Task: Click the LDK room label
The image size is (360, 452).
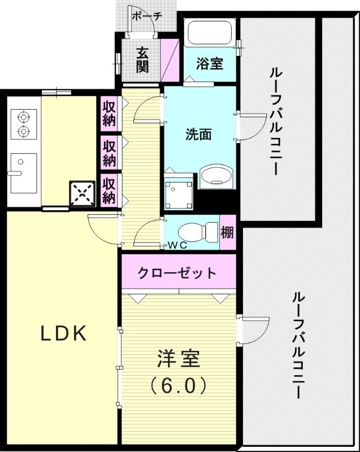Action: click(x=63, y=334)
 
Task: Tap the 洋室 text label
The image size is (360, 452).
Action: click(x=178, y=359)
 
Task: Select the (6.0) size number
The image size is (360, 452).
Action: click(x=178, y=385)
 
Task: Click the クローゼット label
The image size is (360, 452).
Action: click(x=177, y=273)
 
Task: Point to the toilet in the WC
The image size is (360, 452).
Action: click(x=195, y=232)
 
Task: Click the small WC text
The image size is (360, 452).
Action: click(x=177, y=246)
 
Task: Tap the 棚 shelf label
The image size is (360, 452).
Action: click(x=228, y=232)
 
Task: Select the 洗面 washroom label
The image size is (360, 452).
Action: click(x=198, y=134)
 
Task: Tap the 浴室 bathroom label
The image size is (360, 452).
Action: click(x=210, y=64)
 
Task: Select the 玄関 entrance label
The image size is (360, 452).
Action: click(x=142, y=60)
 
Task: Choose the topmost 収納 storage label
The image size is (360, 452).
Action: click(x=109, y=114)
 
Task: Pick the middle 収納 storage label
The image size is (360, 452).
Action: click(x=109, y=153)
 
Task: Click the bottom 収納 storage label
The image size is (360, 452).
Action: click(x=109, y=191)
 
